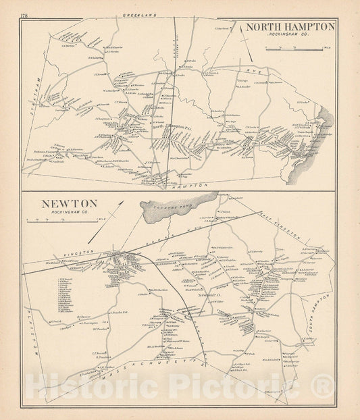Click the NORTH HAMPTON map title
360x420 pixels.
[x=290, y=27]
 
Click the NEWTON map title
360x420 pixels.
[x=59, y=203]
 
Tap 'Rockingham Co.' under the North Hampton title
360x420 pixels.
[x=290, y=35]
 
